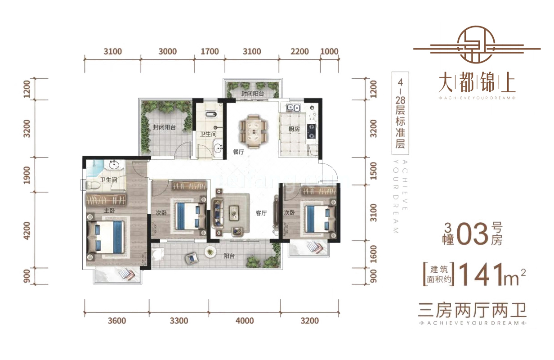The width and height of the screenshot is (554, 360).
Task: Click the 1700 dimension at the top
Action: pyautogui.click(x=210, y=51)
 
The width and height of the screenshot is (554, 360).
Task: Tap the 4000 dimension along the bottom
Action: pyautogui.click(x=245, y=321)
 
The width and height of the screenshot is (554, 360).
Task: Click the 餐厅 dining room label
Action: pyautogui.click(x=238, y=152)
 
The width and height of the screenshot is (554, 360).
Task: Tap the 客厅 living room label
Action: pyautogui.click(x=261, y=213)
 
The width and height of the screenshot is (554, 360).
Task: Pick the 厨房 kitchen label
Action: pyautogui.click(x=294, y=128)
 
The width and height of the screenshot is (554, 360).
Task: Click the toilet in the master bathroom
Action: pyautogui.click(x=92, y=184)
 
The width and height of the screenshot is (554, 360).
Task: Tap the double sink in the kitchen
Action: pyautogui.click(x=291, y=108)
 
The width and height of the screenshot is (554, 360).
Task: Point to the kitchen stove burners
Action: pyautogui.click(x=311, y=130)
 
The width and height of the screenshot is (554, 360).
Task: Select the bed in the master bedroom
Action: pyautogui.click(x=106, y=236)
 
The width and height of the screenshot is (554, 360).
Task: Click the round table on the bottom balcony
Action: pyautogui.click(x=210, y=252)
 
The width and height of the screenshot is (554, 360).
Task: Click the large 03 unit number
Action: pyautogui.click(x=472, y=235)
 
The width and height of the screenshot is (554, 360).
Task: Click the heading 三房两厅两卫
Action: pyautogui.click(x=472, y=310)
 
